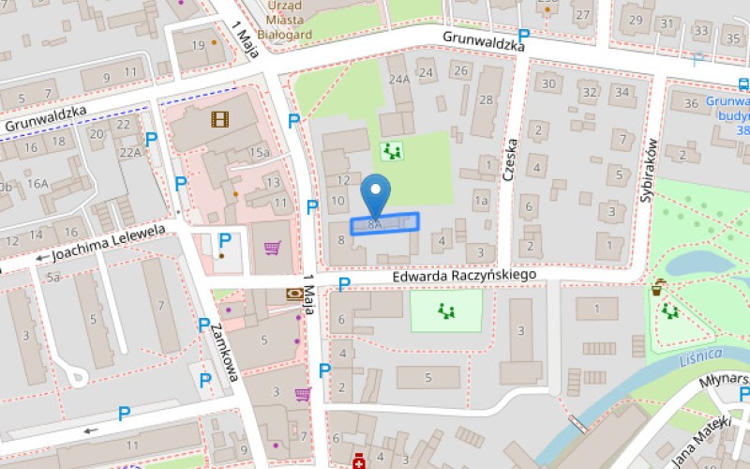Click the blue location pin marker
click(376, 194)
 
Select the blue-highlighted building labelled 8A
click(384, 223)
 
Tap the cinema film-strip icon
click(219, 118)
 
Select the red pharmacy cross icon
click(357, 461)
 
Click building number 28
click(486, 99)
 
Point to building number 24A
click(400, 80)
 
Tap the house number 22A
click(129, 152)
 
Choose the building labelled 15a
click(259, 153)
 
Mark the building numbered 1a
click(481, 201)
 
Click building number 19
click(198, 45)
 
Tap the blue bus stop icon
click(743, 84)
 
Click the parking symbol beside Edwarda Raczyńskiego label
click(344, 283)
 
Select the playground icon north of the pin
click(392, 150)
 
